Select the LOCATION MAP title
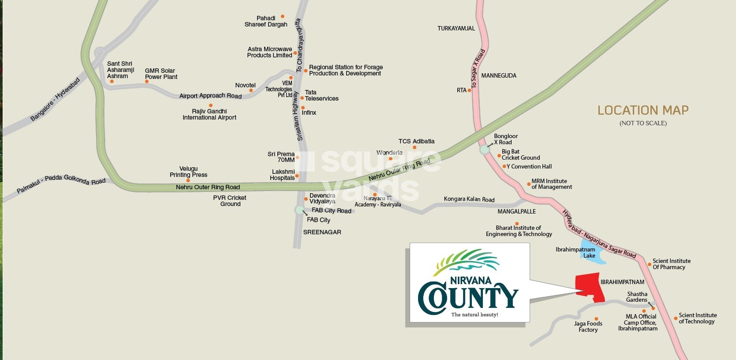643,110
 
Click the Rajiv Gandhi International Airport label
209,114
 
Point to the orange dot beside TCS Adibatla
415,147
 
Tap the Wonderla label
389,153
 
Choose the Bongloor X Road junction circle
485,149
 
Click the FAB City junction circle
299,210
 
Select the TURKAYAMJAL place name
456,28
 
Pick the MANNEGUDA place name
499,75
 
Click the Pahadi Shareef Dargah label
266,21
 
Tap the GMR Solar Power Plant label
161,74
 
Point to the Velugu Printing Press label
188,172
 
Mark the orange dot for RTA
469,90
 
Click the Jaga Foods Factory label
588,326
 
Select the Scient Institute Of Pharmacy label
671,264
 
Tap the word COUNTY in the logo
468,297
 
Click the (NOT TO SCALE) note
643,123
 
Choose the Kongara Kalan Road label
469,199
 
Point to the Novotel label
245,85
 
